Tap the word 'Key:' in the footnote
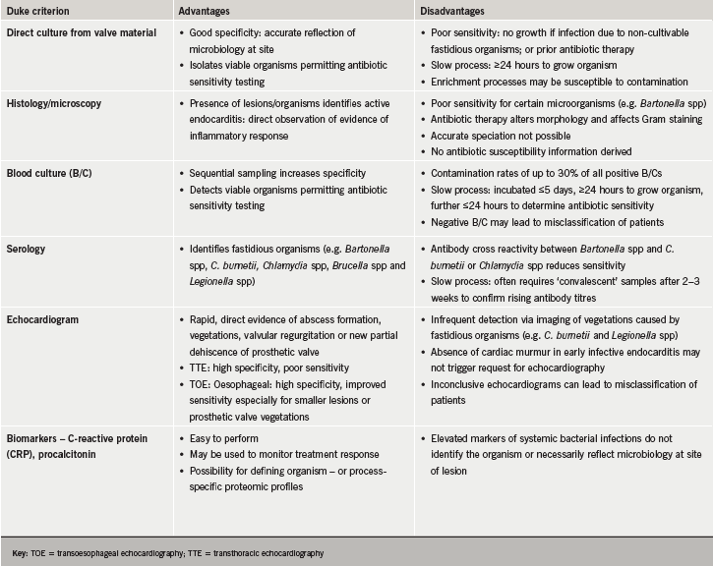[17, 553]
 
